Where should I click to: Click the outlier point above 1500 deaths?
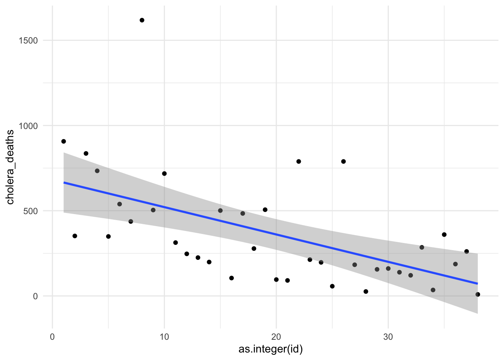[x=142, y=20]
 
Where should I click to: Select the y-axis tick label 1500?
[x=28, y=40]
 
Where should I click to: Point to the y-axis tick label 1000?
[x=28, y=126]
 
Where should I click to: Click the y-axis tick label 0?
[x=35, y=296]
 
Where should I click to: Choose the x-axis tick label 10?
[x=164, y=337]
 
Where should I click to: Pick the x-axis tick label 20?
[x=276, y=337]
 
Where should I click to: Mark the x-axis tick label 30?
[x=388, y=337]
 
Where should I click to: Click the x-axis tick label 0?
[x=52, y=337]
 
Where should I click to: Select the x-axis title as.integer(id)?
[x=271, y=349]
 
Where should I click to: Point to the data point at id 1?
[x=63, y=141]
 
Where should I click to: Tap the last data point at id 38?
[x=478, y=294]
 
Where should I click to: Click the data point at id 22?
[x=298, y=162]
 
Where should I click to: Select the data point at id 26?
[x=343, y=162]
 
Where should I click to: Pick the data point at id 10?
[x=164, y=174]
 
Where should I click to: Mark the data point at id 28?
[x=366, y=291]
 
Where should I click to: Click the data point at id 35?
[x=444, y=235]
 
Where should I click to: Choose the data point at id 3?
[x=86, y=153]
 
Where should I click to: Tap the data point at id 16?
[x=231, y=278]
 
